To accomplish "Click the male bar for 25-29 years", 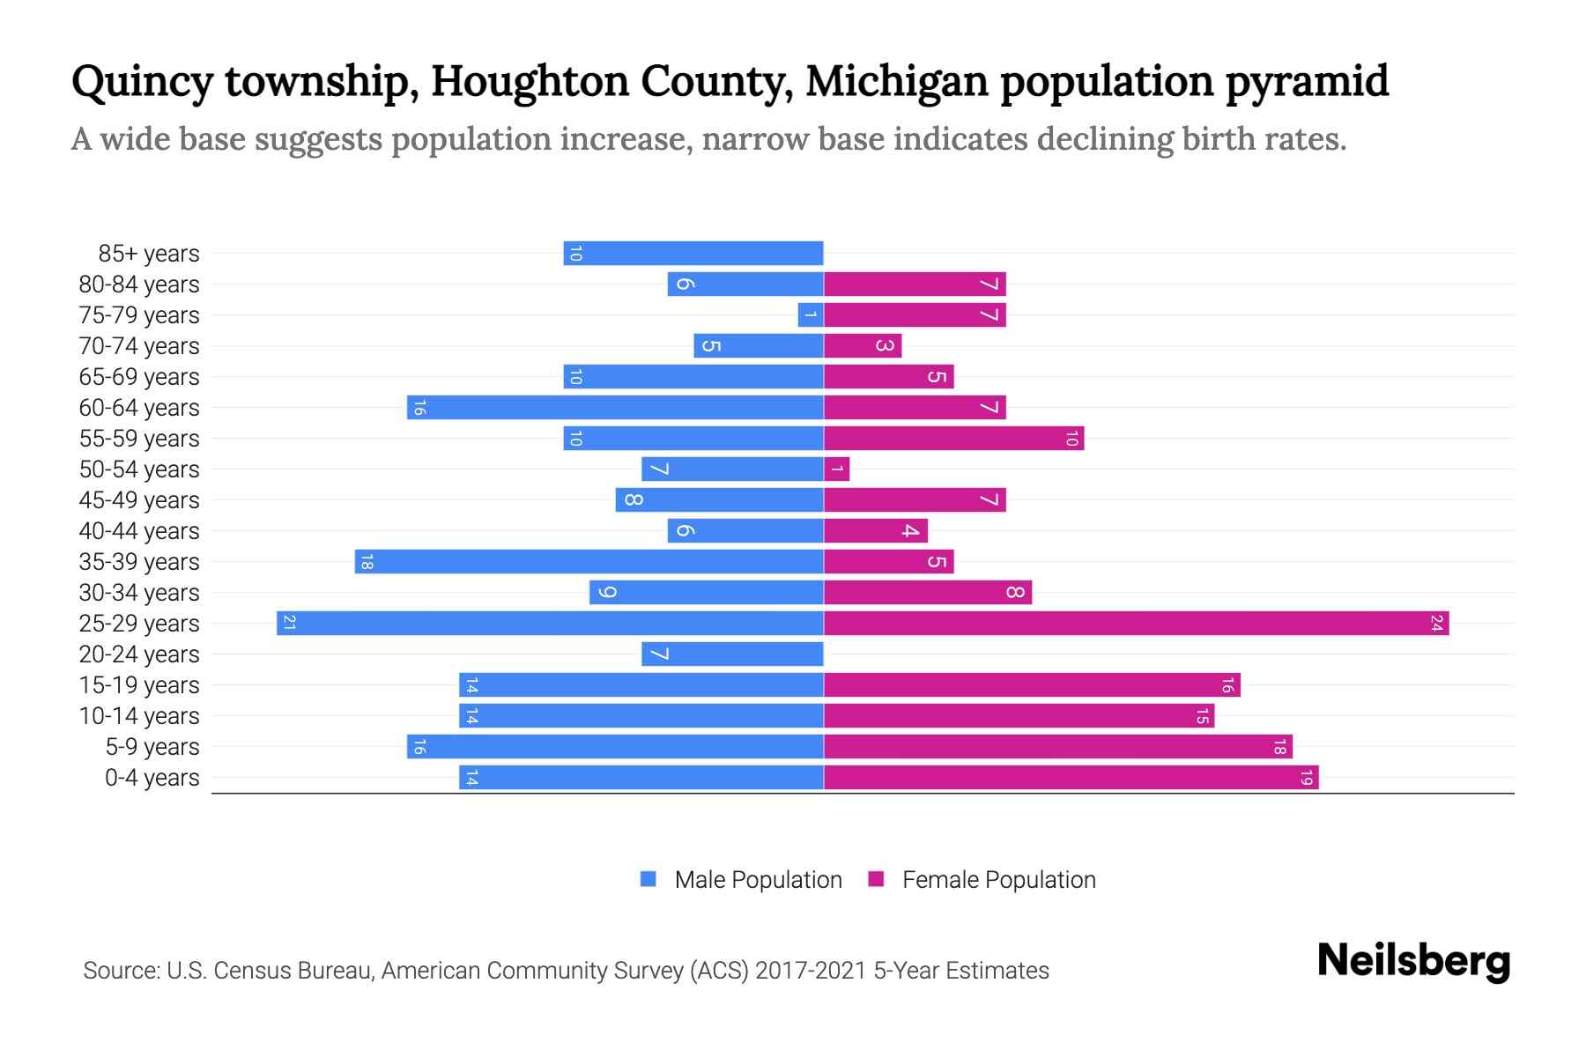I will click(x=550, y=624).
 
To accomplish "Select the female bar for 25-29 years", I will click(x=1137, y=624).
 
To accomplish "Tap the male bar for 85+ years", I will click(x=693, y=254).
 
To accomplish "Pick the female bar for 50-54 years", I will click(x=837, y=469).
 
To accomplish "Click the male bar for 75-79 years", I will click(x=811, y=315).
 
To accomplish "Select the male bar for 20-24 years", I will click(x=732, y=654).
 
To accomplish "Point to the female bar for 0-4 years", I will click(x=1071, y=778).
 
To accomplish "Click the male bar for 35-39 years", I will click(x=589, y=562).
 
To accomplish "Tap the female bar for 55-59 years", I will click(x=953, y=439).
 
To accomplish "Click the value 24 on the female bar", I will click(x=1436, y=624).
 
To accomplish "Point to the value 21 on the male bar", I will click(x=289, y=624).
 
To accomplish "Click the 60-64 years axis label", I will click(x=139, y=408).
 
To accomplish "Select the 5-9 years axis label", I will click(x=152, y=747).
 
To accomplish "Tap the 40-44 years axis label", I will click(x=139, y=531).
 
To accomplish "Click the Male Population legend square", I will click(x=648, y=879).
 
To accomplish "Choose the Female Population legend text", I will click(x=998, y=880).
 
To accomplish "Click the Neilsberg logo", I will click(x=1413, y=960).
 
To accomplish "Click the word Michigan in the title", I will click(x=896, y=82).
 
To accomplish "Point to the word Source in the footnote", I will click(x=121, y=971).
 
